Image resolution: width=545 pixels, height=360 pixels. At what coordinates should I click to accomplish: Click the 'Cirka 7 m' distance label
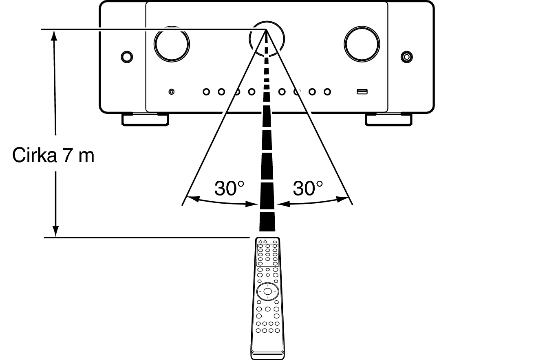tap(53, 156)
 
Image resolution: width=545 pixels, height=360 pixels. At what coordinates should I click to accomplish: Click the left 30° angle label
tap(229, 188)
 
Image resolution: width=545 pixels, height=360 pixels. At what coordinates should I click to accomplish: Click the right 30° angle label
tap(308, 188)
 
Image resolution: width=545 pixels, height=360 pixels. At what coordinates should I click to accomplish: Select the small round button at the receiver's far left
tap(127, 56)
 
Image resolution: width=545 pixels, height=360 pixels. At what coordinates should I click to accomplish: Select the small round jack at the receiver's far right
tap(406, 56)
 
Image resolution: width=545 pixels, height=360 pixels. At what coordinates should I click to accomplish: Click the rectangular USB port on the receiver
tap(362, 92)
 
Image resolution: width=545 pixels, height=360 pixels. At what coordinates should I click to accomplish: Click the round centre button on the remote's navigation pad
tap(267, 291)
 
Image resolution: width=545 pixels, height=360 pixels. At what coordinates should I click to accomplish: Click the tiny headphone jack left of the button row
tap(172, 92)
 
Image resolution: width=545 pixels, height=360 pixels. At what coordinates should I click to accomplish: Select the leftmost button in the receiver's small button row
tap(206, 92)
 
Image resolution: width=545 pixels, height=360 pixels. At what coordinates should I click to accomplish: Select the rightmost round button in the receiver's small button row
tap(327, 92)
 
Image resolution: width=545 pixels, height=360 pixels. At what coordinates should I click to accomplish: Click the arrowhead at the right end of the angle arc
tap(346, 199)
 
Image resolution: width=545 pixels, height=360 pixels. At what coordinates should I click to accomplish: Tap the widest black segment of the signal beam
tap(267, 222)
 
